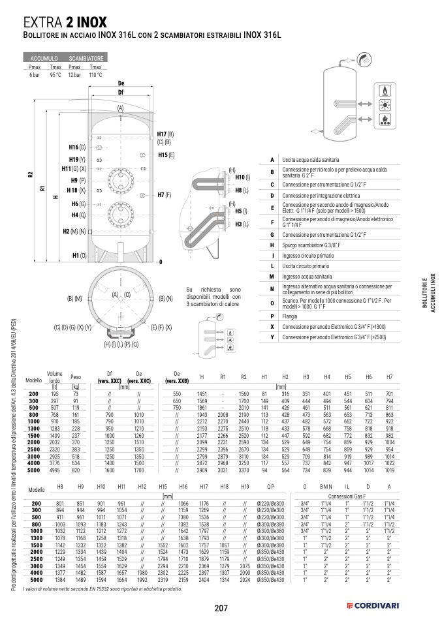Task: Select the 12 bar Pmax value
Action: coord(75,75)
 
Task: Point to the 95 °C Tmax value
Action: coord(55,75)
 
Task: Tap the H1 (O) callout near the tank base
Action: coord(79,255)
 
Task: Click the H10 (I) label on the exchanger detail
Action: coord(242,177)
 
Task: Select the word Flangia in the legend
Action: coord(291,316)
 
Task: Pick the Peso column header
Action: coord(76,377)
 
